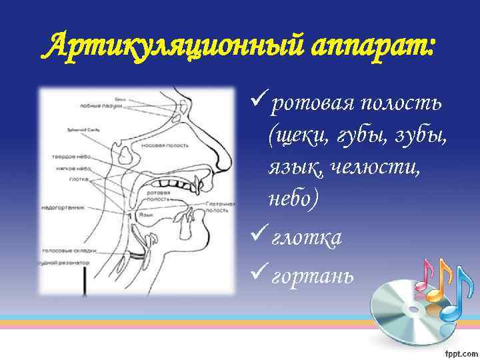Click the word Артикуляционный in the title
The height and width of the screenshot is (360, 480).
click(x=150, y=47)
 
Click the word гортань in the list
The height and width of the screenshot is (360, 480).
click(x=308, y=276)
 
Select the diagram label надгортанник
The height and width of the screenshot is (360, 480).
click(x=63, y=208)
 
